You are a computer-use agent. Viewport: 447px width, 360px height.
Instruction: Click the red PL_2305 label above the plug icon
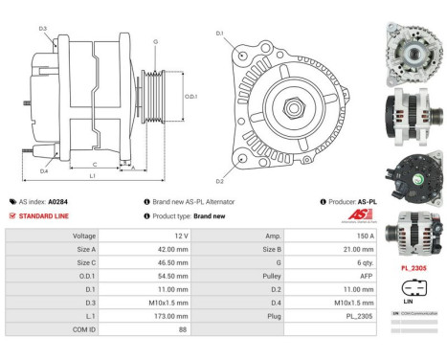click(413, 269)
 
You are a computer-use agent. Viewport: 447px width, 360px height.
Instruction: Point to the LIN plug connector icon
click(413, 287)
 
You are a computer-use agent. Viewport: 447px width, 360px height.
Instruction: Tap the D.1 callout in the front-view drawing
click(219, 34)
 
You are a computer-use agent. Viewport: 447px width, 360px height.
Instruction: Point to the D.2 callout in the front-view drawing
click(219, 181)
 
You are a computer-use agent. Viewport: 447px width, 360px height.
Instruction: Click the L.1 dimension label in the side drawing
click(91, 176)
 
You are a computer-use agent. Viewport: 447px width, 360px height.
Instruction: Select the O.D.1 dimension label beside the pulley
click(190, 97)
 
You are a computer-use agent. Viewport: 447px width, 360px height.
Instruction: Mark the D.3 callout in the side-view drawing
click(43, 29)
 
